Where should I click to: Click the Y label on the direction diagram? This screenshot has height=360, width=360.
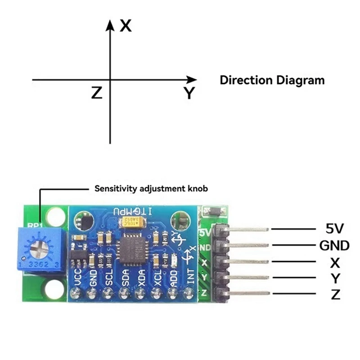click(189, 94)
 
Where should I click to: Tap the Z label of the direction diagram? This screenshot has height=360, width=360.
click(97, 93)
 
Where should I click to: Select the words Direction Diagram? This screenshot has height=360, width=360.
click(272, 81)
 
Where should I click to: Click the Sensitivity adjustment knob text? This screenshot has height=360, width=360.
click(151, 189)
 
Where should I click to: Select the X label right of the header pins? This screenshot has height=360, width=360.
click(334, 262)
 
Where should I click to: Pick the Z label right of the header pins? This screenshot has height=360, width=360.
click(334, 295)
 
